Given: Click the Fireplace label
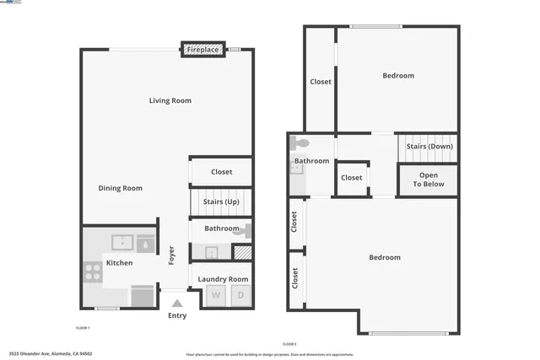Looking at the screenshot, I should [x=203, y=51].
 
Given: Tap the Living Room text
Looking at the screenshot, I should [x=170, y=100].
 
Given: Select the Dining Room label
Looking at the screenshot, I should [x=121, y=188].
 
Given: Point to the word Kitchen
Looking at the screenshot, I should [x=119, y=263].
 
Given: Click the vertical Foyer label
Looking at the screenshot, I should [x=172, y=255].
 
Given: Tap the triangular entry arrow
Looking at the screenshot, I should [x=176, y=303].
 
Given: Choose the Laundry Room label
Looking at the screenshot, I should [x=223, y=279].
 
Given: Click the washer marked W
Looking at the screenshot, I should [x=215, y=296].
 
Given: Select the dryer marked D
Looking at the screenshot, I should [x=240, y=296].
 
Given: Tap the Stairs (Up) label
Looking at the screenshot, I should [x=222, y=202].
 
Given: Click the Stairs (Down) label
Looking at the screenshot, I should [x=429, y=146].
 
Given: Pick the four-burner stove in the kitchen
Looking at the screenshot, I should [x=92, y=271].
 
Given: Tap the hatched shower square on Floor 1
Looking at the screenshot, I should [x=242, y=251].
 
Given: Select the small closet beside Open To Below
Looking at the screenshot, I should [x=352, y=178].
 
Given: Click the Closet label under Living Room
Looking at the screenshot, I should [x=222, y=172].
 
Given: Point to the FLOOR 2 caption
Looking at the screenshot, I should [x=289, y=345].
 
